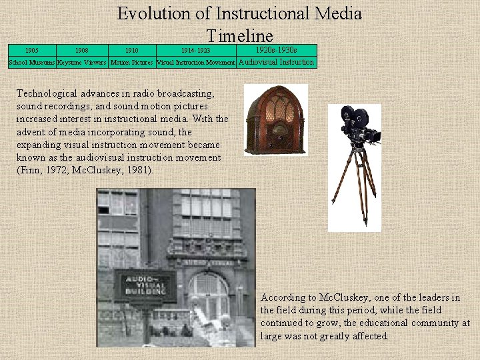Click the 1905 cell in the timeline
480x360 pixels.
point(31,50)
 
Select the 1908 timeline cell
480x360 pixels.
point(81,50)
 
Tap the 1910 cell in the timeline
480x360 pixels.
point(132,50)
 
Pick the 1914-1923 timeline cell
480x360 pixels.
point(195,50)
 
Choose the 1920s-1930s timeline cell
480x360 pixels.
point(276,50)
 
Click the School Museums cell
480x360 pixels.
point(31,63)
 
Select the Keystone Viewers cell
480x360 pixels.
point(81,63)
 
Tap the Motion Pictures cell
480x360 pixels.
point(132,63)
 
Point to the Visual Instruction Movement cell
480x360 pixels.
point(195,63)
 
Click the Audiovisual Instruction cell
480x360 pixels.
point(276,62)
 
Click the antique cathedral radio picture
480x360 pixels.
point(275,120)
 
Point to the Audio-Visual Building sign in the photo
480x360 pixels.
point(145,285)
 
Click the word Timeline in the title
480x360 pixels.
point(239,36)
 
